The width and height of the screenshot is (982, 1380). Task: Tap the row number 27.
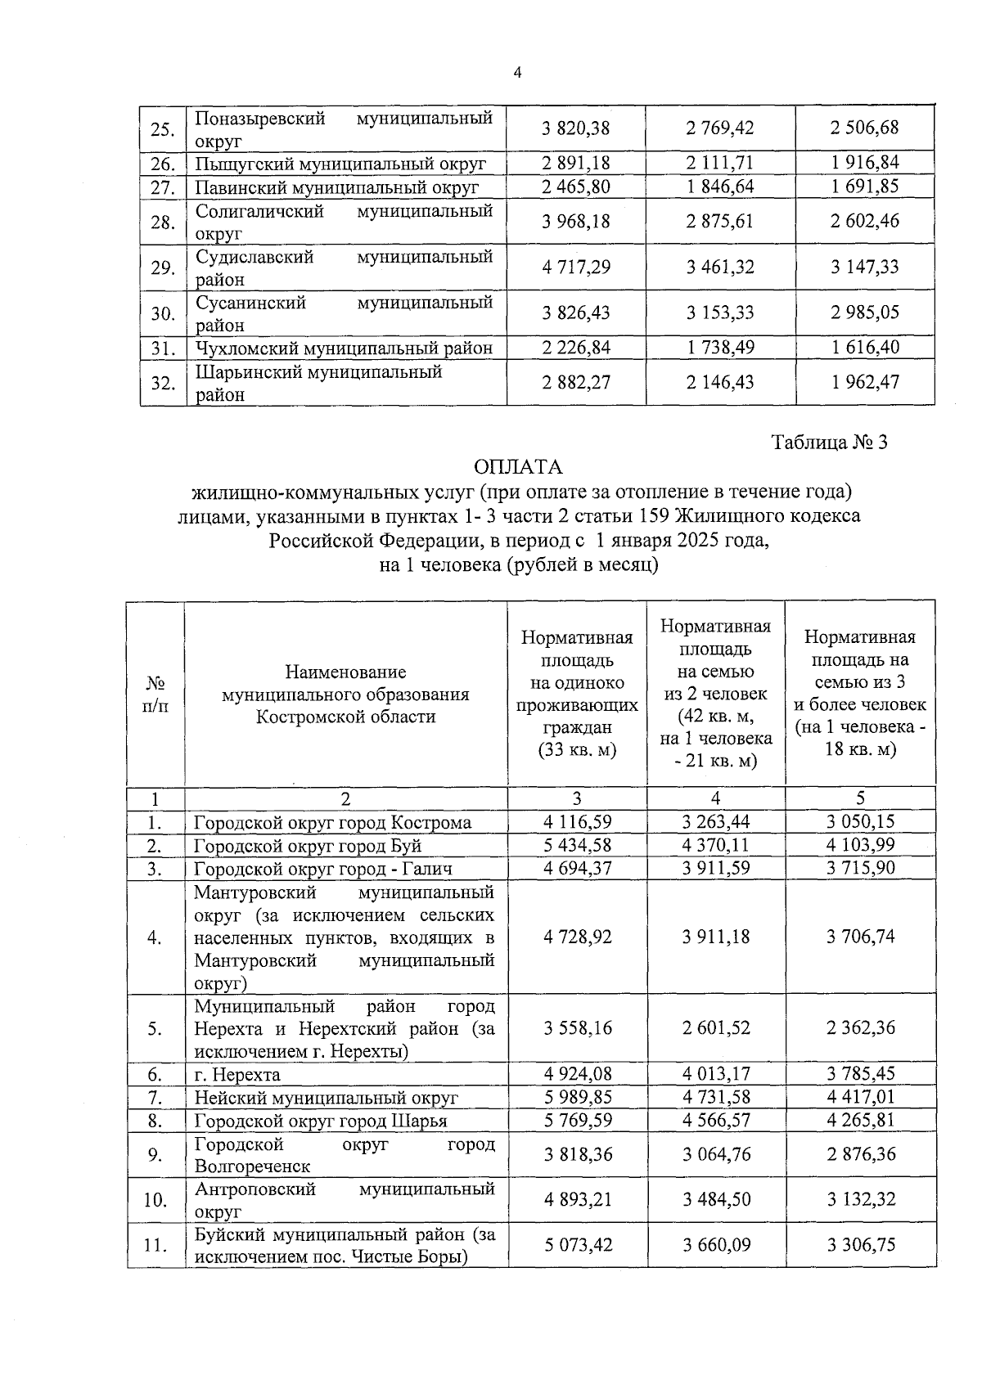click(164, 187)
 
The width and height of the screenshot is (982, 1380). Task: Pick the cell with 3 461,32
click(720, 267)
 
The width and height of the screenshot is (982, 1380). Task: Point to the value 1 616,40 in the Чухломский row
click(865, 348)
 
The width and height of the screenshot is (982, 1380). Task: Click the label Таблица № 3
click(830, 443)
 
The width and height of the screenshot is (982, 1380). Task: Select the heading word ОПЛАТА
click(519, 467)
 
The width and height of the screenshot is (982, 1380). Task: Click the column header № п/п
click(155, 694)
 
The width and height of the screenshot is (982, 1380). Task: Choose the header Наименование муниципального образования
click(345, 694)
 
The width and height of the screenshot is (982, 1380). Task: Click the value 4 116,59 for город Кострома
click(577, 822)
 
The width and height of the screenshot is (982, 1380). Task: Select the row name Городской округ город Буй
click(308, 846)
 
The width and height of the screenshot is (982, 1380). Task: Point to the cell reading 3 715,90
click(860, 868)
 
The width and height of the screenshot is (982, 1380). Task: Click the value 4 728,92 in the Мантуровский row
click(577, 937)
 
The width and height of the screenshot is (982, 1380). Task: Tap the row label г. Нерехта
click(237, 1075)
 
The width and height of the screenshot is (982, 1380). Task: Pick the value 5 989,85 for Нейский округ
click(577, 1097)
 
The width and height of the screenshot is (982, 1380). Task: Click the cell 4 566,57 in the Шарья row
click(716, 1120)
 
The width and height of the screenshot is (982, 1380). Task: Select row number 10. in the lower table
click(155, 1200)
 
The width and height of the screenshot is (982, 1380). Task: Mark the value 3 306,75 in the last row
click(860, 1245)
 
